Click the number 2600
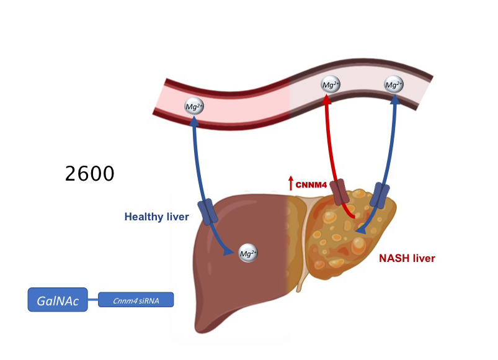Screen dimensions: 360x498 click(x=90, y=173)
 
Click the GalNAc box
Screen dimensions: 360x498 click(x=57, y=299)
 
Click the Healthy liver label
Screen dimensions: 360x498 click(x=156, y=217)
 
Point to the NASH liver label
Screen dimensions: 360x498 click(x=407, y=258)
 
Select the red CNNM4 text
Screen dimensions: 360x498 click(x=311, y=184)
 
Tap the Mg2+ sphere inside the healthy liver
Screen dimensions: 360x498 click(x=248, y=253)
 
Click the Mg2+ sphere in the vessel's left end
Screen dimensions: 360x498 click(x=194, y=107)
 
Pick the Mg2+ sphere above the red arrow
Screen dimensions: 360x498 click(x=330, y=85)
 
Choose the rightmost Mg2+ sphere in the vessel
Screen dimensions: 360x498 click(x=393, y=85)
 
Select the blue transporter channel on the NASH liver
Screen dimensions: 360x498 click(x=379, y=195)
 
